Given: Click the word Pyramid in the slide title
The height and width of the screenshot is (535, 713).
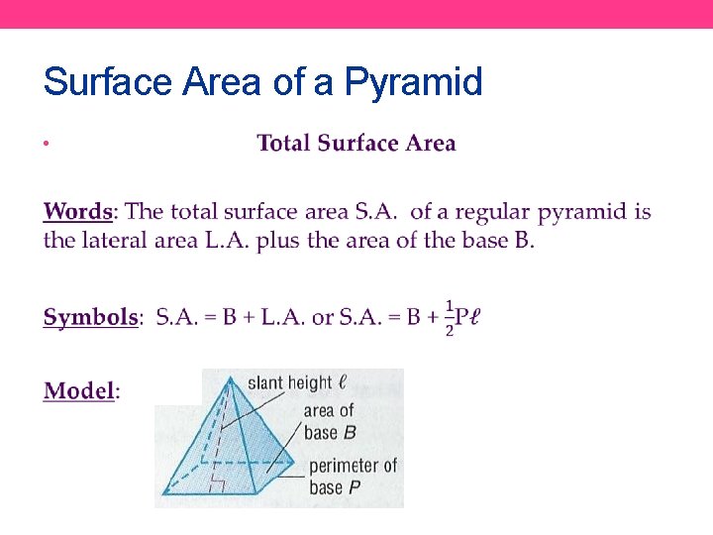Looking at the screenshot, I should pos(413,82).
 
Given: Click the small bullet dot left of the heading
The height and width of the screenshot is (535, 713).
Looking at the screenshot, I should pos(47,146).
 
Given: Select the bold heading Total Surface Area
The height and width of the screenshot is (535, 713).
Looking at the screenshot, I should pos(356,144).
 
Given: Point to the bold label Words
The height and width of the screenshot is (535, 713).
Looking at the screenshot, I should pos(78,211).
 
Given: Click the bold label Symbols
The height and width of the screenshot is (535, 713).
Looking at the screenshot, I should pos(90,318).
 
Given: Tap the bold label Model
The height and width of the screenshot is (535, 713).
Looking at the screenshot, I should pos(79,390).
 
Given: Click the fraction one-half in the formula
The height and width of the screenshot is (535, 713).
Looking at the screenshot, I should pos(450,317).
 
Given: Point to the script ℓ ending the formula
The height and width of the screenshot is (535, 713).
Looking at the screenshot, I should pos(476,318).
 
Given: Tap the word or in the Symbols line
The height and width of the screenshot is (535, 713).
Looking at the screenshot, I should pos(323,318).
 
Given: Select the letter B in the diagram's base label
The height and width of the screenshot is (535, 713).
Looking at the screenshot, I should pos(350,432).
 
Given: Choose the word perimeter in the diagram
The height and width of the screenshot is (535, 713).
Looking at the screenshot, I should pos(353,466).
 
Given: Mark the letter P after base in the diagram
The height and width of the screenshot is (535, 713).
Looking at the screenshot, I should pos(355,487).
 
